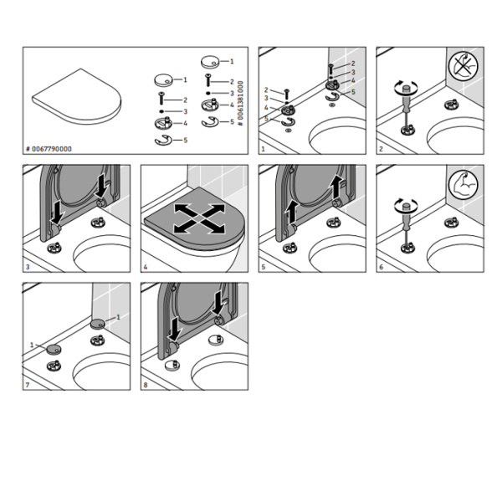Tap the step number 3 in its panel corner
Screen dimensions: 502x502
[x=28, y=267]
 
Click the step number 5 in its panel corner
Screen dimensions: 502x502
[x=264, y=267]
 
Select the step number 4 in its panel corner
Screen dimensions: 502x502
[x=146, y=267]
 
